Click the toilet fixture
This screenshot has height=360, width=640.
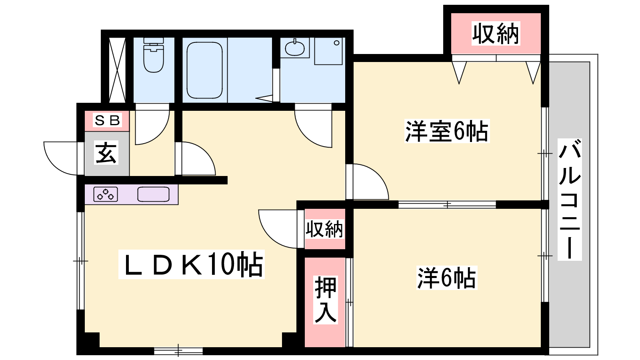[154, 55]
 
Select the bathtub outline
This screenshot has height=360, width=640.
[204, 70]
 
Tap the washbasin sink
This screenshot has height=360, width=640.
[295, 48]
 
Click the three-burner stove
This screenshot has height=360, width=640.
[106, 194]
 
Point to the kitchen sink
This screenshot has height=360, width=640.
[154, 194]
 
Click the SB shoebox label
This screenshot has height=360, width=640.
[107, 120]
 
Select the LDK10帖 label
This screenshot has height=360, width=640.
[192, 264]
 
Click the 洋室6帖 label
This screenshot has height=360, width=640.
[447, 131]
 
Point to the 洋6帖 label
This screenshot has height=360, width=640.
[446, 278]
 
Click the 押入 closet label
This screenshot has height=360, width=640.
[326, 300]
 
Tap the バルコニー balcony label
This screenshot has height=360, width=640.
[570, 200]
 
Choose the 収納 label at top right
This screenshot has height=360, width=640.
[496, 34]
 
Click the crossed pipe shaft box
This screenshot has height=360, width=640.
[118, 70]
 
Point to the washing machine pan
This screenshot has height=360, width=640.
[328, 51]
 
